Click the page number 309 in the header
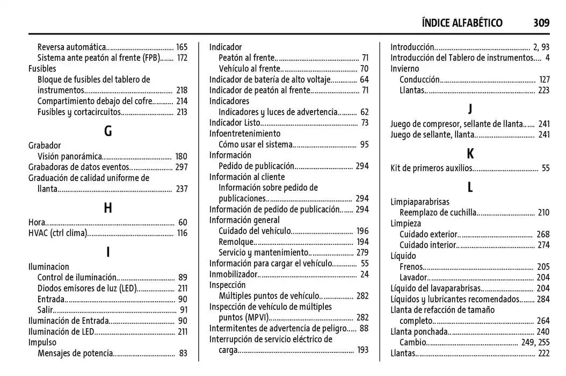click(541, 23)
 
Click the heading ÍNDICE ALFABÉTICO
click(462, 23)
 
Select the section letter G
click(108, 131)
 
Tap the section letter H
click(108, 208)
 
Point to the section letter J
click(470, 109)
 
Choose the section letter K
click(470, 154)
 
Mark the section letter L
click(470, 187)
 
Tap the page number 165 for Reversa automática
click(182, 47)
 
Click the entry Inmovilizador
click(233, 274)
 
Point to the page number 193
click(362, 350)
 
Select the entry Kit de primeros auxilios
click(431, 169)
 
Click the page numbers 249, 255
click(535, 342)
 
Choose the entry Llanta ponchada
click(417, 331)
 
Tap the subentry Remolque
click(235, 242)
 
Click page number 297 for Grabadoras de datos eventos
click(182, 167)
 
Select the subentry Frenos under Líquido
click(411, 266)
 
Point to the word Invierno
click(404, 69)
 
